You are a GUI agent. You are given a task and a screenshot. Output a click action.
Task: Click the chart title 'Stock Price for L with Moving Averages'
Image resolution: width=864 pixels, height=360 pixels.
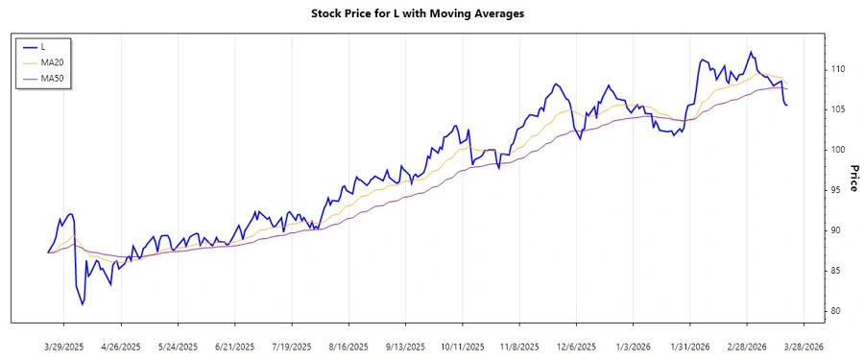pyautogui.click(x=431, y=13)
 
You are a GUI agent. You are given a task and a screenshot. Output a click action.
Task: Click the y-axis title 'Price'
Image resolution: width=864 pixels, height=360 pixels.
pyautogui.click(x=853, y=178)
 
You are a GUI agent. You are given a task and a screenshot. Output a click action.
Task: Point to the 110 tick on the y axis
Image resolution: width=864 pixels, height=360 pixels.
pyautogui.click(x=838, y=69)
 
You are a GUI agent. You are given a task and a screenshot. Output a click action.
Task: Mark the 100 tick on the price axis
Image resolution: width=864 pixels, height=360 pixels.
pyautogui.click(x=838, y=150)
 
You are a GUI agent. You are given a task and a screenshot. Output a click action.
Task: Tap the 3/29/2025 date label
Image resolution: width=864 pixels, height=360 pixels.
pyautogui.click(x=64, y=347)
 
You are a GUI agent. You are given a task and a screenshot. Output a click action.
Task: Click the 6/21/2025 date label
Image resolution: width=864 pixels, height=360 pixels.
pyautogui.click(x=234, y=347)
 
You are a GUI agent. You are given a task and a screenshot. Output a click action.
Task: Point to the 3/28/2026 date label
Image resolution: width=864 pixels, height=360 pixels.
pyautogui.click(x=802, y=347)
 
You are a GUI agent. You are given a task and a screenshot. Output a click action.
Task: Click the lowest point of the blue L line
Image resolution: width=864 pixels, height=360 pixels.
pyautogui.click(x=83, y=304)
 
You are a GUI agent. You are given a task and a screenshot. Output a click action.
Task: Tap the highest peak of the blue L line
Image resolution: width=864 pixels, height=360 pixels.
pyautogui.click(x=751, y=52)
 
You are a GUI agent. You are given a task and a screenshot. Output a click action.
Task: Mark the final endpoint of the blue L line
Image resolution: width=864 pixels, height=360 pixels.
pyautogui.click(x=787, y=105)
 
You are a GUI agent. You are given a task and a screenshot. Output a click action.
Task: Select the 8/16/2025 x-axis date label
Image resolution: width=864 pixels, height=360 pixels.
pyautogui.click(x=348, y=347)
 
